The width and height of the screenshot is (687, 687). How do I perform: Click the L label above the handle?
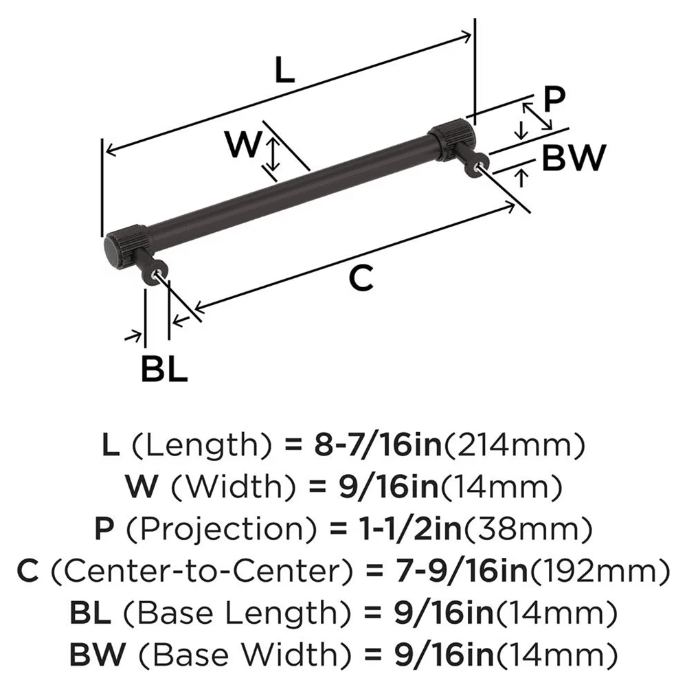click(284, 70)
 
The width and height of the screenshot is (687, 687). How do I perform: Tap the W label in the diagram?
click(244, 146)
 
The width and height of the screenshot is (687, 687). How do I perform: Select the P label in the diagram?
click(553, 100)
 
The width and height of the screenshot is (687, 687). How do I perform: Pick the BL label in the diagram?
click(164, 370)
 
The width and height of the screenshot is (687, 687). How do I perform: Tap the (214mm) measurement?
click(515, 446)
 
